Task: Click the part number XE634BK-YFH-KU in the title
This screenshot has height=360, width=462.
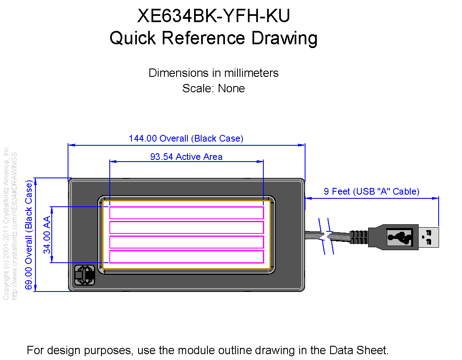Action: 214,15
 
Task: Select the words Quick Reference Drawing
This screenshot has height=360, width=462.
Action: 214,38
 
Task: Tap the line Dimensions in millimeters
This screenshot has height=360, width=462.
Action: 213,73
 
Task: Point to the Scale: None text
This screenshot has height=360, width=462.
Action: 213,88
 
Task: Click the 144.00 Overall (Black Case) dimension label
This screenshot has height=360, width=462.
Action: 186,138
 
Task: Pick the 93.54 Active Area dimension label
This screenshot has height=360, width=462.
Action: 186,157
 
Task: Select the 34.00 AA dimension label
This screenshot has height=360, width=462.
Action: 47,235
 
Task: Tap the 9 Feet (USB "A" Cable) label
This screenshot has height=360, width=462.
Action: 371,191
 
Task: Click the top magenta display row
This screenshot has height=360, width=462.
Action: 187,213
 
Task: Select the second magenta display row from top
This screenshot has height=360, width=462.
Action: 187,227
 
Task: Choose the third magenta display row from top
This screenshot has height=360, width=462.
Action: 187,242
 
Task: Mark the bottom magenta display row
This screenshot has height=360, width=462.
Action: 187,256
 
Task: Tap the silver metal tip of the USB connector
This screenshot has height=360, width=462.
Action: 429,237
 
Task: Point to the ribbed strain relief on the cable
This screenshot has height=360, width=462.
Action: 359,237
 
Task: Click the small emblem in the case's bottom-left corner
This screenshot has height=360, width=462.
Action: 85,275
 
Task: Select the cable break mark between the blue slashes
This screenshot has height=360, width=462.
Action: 326,236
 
